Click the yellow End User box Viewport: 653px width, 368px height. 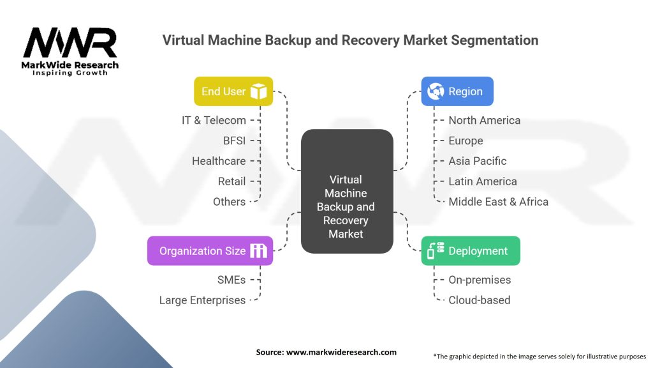tap(233, 91)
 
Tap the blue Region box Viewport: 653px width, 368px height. tap(457, 91)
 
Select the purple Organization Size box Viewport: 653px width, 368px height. tap(210, 250)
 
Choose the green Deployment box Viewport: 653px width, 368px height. tap(471, 250)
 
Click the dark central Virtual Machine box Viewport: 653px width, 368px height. tap(347, 191)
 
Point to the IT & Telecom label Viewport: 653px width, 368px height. tap(214, 120)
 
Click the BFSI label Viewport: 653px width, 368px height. tap(234, 141)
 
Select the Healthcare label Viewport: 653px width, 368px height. tap(219, 161)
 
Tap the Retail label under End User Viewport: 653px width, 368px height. tap(231, 181)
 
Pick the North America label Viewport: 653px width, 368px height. tap(485, 120)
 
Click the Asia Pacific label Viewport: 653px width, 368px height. tap(477, 161)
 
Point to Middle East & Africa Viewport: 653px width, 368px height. tap(498, 202)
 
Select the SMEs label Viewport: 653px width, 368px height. tap(231, 280)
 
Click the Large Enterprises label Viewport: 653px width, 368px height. tap(202, 300)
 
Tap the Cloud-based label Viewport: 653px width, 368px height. tap(480, 300)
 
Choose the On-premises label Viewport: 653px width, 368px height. tap(480, 280)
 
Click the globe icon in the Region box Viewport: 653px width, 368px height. tap(436, 91)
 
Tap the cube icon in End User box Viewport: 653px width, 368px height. tap(259, 91)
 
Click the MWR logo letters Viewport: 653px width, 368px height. tap(70, 42)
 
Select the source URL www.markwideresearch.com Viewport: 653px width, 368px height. tap(342, 352)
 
